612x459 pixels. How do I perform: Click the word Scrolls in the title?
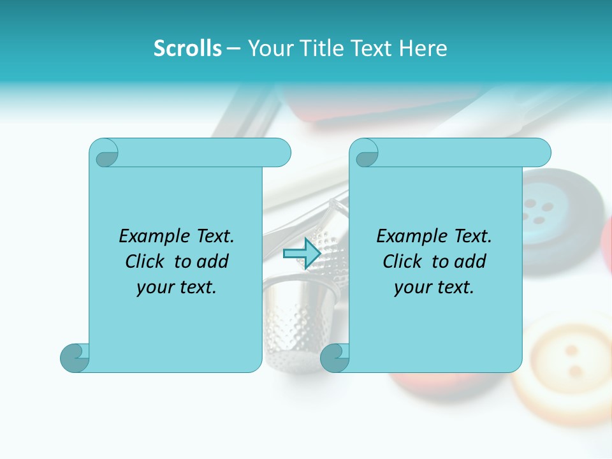click(188, 48)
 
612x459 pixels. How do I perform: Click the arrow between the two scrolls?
click(302, 254)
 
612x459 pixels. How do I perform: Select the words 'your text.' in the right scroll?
click(434, 288)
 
